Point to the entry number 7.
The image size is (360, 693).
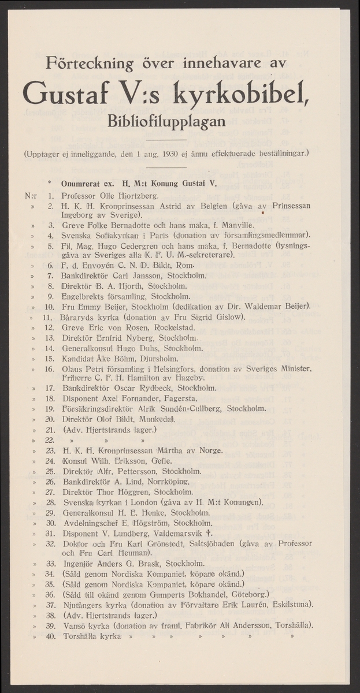pos(50,274)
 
